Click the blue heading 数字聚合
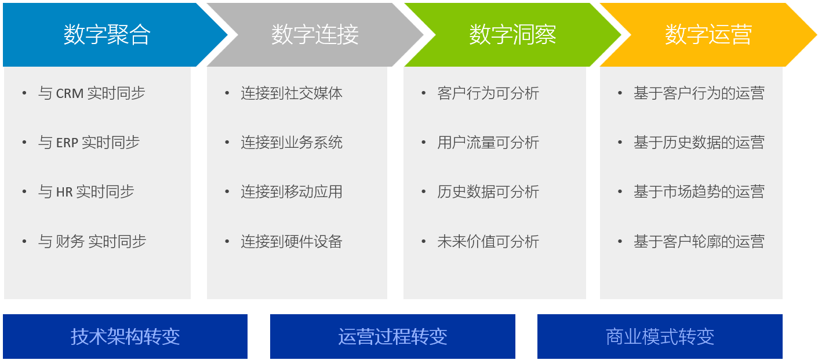pos(107,35)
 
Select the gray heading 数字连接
pos(315,35)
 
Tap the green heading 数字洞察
pos(512,35)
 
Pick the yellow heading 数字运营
pos(708,35)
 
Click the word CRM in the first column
pos(70,93)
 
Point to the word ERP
pos(67,143)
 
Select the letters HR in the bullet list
pos(64,192)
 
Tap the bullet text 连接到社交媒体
pos(292,93)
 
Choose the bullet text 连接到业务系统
pos(292,143)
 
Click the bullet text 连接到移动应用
pos(292,192)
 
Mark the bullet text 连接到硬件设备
pos(292,241)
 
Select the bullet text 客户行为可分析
pos(488,93)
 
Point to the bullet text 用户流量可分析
pos(488,143)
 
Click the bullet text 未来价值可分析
pos(488,241)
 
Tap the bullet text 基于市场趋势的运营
pos(699,192)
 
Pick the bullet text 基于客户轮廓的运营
pos(699,241)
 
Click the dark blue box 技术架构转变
pos(125,336)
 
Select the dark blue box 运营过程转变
pos(392,336)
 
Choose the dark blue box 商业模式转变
pos(660,336)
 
